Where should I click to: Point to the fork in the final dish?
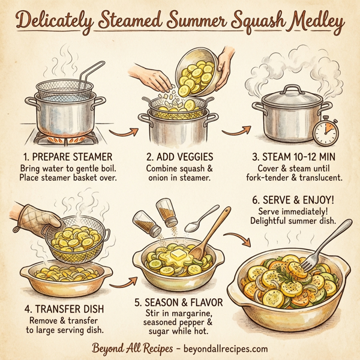click(315, 250)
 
